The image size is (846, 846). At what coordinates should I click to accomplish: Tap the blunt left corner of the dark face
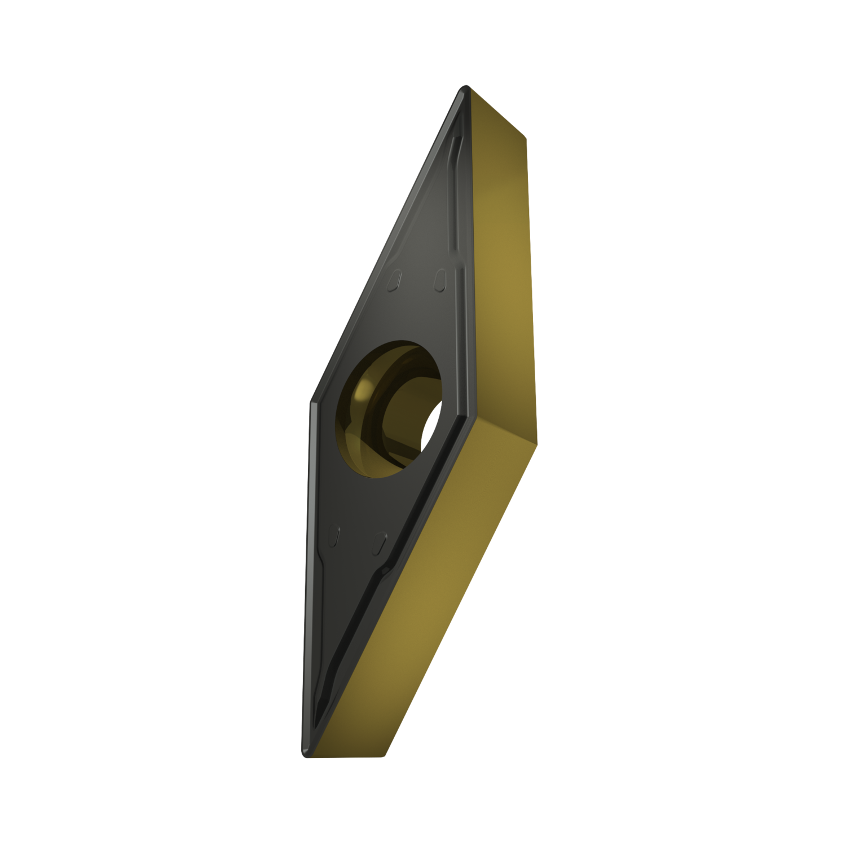(x=311, y=402)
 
